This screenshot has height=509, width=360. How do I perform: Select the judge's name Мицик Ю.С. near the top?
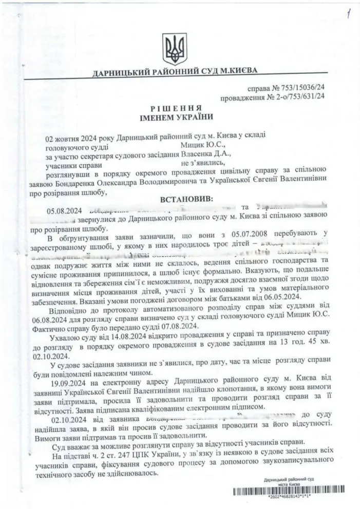coord(199,145)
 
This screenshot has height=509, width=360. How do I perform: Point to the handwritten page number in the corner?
coord(349,11)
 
